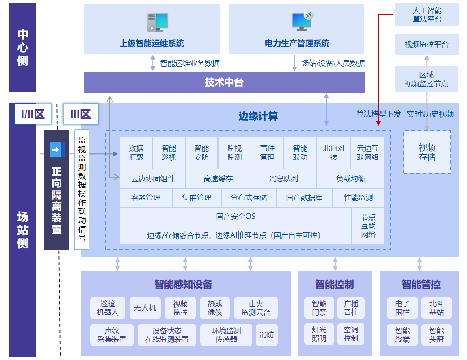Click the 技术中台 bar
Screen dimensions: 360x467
point(224,82)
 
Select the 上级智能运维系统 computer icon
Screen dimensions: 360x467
point(157,22)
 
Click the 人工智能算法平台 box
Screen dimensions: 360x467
point(427,15)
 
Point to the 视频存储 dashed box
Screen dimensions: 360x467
point(427,152)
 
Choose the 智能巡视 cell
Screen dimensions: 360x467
point(169,152)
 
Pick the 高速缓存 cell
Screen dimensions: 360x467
point(218,178)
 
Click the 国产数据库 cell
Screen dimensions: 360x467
point(304,198)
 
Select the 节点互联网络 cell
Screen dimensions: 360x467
point(368,226)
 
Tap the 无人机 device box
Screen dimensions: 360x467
point(145,308)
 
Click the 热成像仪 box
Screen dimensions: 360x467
point(215,308)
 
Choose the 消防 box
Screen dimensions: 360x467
point(267,335)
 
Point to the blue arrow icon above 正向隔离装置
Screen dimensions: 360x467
point(57,150)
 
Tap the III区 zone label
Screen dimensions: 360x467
point(80,114)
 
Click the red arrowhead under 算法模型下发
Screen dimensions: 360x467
point(378,122)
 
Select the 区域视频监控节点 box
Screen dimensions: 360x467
point(426,79)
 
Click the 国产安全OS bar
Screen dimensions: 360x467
point(236,217)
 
